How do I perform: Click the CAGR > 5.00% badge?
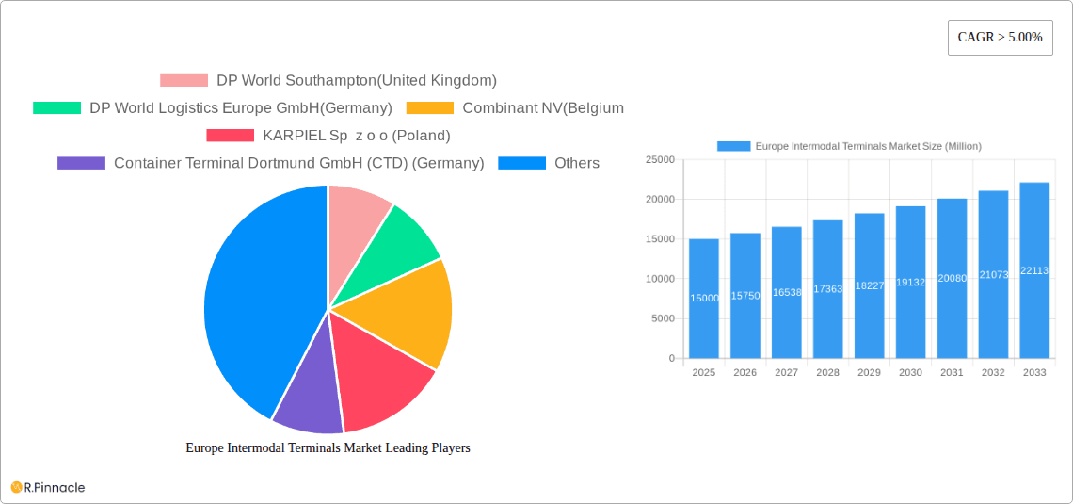click(x=1000, y=38)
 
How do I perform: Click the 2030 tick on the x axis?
click(x=910, y=373)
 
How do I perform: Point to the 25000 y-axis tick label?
click(x=659, y=160)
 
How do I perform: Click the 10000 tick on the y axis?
click(x=659, y=279)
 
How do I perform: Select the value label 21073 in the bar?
click(x=993, y=275)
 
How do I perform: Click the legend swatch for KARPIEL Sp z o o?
click(x=230, y=136)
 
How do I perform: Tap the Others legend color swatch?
click(x=521, y=163)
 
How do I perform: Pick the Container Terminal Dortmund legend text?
click(x=298, y=163)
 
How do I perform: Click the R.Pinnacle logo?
click(x=48, y=487)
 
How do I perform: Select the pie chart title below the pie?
click(x=328, y=448)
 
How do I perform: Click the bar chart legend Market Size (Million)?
click(x=868, y=146)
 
